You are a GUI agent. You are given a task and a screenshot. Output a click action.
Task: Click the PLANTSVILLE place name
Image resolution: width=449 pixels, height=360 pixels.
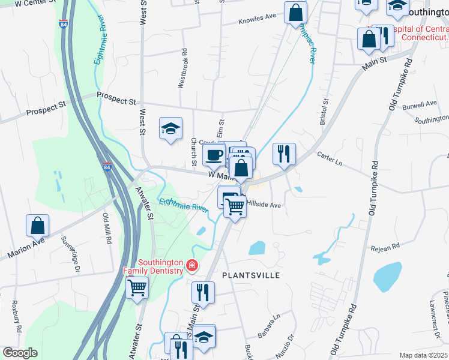252,275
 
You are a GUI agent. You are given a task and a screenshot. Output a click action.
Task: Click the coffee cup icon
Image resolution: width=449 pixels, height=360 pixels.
214,155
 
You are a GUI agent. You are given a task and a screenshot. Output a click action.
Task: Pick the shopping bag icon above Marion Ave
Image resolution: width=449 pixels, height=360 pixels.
37,226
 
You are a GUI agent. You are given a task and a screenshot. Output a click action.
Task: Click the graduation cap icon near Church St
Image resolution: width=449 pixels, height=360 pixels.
170,128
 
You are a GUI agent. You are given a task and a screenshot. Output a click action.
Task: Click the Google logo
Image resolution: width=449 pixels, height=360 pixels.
19,353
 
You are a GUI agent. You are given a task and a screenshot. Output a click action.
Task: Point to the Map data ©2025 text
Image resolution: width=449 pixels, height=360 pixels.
424,355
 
